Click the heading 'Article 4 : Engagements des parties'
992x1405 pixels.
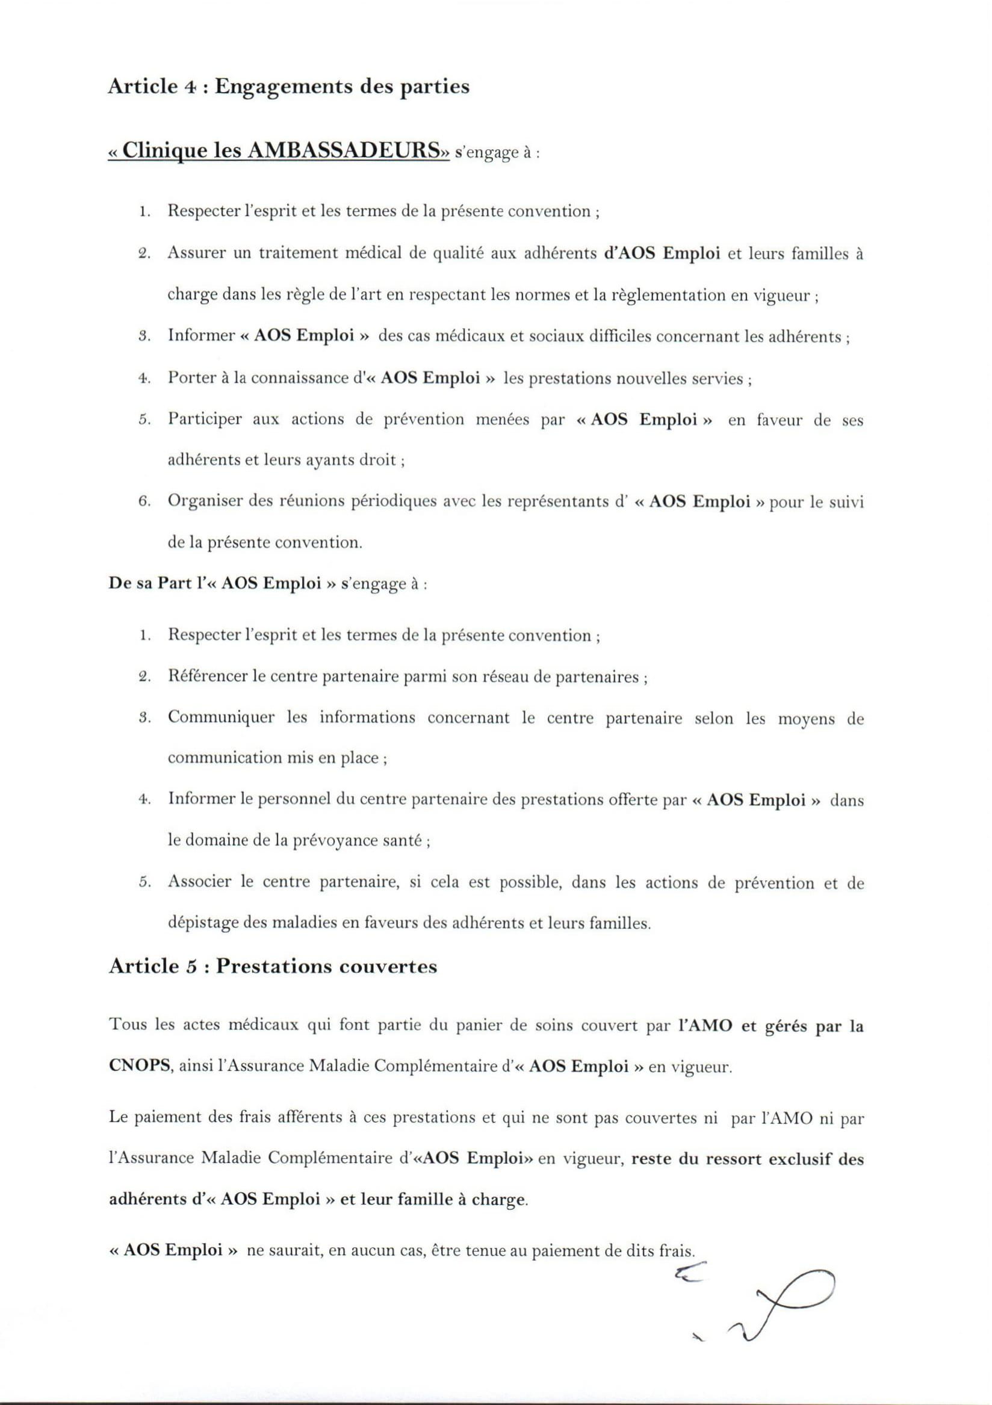288,87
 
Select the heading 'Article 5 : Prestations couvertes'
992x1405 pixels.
272,966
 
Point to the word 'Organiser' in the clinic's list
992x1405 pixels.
202,502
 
